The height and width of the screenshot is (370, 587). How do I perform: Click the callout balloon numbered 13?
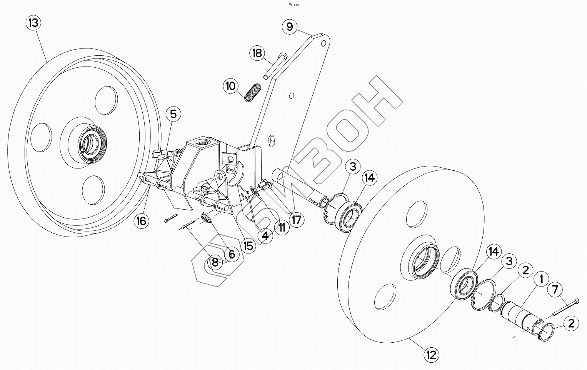click(33, 23)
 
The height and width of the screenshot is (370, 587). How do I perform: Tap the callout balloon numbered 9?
click(290, 27)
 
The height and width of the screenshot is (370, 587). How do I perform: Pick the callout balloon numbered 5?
click(173, 114)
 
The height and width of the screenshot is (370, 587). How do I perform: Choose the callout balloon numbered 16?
click(142, 221)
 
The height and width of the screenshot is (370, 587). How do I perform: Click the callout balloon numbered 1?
click(541, 278)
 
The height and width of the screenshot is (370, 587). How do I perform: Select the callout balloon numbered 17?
click(297, 220)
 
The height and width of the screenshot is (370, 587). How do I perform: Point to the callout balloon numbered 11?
click(282, 228)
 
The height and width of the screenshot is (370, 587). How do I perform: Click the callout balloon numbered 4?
click(265, 235)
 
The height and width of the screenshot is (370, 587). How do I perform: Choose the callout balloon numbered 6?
click(232, 255)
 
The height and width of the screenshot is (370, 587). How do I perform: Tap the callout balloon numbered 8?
click(215, 263)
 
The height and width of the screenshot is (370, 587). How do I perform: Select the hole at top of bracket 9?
click(324, 42)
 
